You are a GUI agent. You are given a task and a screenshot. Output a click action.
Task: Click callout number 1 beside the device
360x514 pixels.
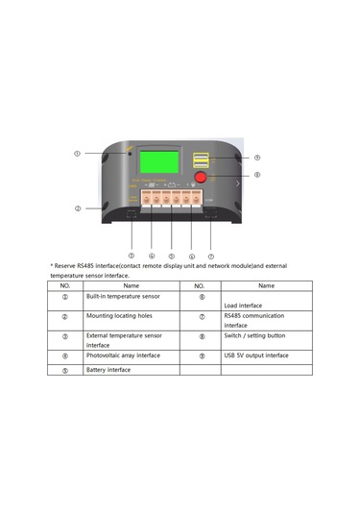(x=78, y=154)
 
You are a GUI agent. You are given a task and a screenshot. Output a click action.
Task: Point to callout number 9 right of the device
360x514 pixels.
(x=256, y=158)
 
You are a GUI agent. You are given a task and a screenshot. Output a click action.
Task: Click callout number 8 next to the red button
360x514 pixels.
(x=256, y=176)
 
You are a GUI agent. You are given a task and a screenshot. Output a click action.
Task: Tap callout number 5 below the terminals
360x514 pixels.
(x=171, y=257)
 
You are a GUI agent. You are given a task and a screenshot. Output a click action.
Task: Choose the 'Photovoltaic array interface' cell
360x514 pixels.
(x=122, y=355)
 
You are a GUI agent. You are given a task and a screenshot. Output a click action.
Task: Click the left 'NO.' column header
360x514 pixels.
(x=65, y=285)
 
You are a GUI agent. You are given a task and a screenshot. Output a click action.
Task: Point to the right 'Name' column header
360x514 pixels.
(x=267, y=285)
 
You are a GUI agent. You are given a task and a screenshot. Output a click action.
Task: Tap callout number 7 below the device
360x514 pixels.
(x=211, y=257)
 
